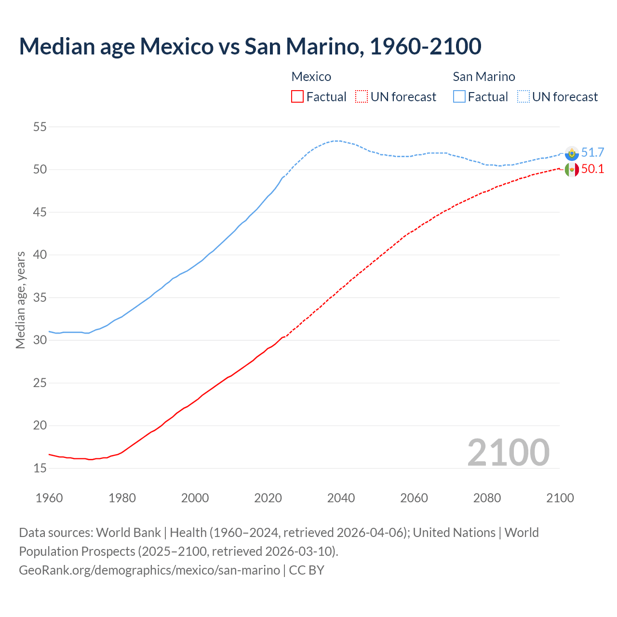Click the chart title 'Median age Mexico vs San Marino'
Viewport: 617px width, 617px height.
coord(250,46)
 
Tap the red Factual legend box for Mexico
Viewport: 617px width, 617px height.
coord(297,96)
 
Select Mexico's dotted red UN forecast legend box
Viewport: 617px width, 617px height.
coord(362,96)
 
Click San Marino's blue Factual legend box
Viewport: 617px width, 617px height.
coord(459,96)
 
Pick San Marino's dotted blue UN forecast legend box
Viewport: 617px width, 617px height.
coord(523,96)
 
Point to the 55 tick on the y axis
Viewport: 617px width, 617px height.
coord(40,127)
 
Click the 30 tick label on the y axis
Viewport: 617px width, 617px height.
coord(40,340)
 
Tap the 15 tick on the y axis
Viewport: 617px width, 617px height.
coord(40,468)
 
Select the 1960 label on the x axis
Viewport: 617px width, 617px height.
coord(49,498)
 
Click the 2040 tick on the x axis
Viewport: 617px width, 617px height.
coord(341,498)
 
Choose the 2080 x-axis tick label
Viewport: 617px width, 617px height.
coord(487,498)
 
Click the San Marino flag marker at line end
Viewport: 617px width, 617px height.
coord(572,153)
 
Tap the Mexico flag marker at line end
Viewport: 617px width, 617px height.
coord(572,169)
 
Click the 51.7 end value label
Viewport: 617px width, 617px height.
coord(592,152)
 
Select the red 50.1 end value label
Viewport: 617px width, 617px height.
coord(592,169)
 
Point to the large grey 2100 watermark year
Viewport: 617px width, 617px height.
coord(508,452)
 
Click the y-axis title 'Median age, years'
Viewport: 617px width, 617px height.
coord(20,300)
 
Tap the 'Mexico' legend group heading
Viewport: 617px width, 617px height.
coord(311,77)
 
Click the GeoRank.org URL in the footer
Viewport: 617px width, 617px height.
coord(149,570)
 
